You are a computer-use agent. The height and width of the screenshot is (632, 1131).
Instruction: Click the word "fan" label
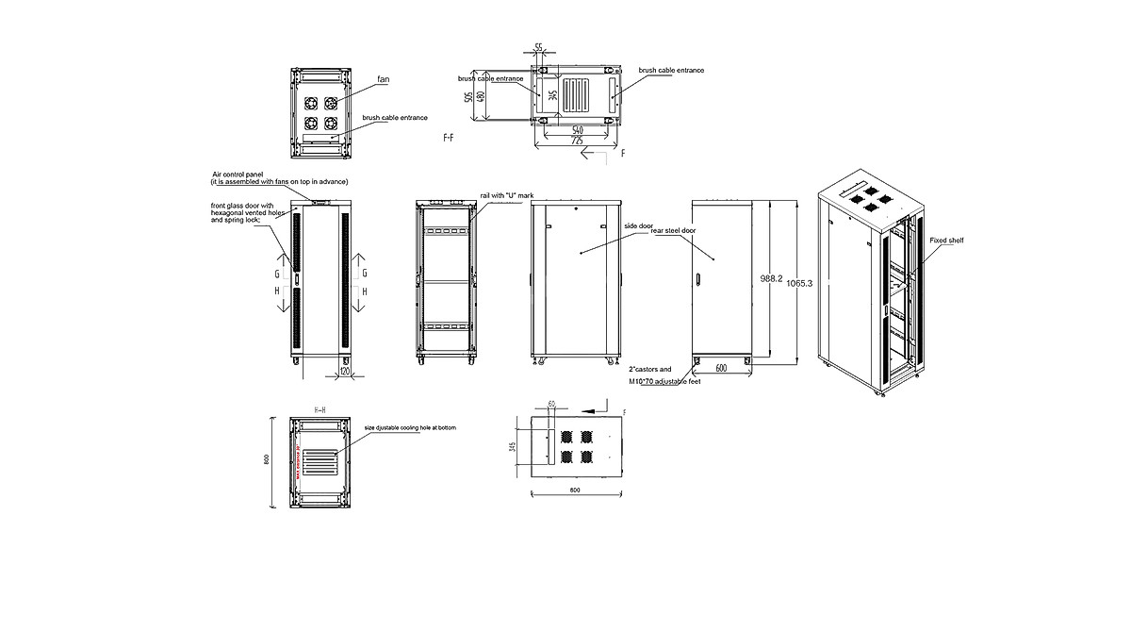coord(384,79)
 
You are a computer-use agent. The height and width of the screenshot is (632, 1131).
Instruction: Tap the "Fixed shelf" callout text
coord(946,241)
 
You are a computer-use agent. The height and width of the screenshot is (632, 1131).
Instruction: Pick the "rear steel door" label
coord(674,230)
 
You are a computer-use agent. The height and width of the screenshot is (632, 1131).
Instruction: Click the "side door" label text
coord(638,226)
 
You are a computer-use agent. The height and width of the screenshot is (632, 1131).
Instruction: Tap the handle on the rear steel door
coord(697,280)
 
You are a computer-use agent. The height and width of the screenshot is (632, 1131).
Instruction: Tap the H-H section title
coord(320,410)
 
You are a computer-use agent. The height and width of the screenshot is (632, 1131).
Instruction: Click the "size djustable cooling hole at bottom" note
coord(410,427)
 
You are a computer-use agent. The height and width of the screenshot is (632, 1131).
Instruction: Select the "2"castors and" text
coord(650,369)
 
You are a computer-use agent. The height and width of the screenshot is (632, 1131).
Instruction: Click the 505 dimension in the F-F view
coord(468,97)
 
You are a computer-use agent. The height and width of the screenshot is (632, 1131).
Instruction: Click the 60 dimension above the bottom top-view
coord(551,405)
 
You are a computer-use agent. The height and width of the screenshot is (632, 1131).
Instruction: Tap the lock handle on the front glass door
coord(295,279)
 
